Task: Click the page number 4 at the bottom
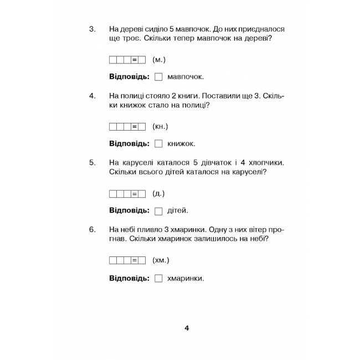tap(187, 328)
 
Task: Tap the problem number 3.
tap(92, 29)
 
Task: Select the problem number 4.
tap(92, 96)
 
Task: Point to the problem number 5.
tap(92, 163)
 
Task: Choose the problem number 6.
tap(92, 229)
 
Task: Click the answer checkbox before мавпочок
tap(158, 77)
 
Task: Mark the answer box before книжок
tap(158, 144)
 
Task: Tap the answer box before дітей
tap(158, 211)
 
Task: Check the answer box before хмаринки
tap(158, 279)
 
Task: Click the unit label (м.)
tap(159, 59)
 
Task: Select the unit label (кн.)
tap(160, 126)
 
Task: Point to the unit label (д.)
tap(158, 193)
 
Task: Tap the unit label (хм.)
tap(161, 260)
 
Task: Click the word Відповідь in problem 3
tap(129, 77)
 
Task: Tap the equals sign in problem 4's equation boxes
tap(135, 127)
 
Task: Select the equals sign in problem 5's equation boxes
tap(135, 194)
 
